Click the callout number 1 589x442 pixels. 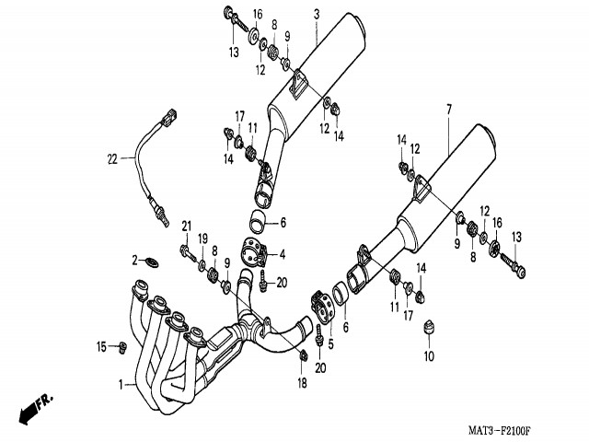click(x=120, y=383)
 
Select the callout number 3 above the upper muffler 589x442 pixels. click(x=316, y=14)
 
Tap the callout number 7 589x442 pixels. click(x=448, y=110)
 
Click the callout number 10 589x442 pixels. click(x=427, y=355)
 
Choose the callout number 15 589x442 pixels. click(x=102, y=346)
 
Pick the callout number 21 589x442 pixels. click(x=185, y=227)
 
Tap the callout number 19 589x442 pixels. click(x=202, y=238)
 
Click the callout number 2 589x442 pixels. click(x=134, y=259)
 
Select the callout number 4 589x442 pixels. click(x=283, y=254)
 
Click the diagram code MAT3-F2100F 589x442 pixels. click(x=505, y=429)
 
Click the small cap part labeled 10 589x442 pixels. click(x=427, y=328)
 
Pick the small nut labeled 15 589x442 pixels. click(x=121, y=346)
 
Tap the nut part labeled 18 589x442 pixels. click(x=303, y=355)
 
